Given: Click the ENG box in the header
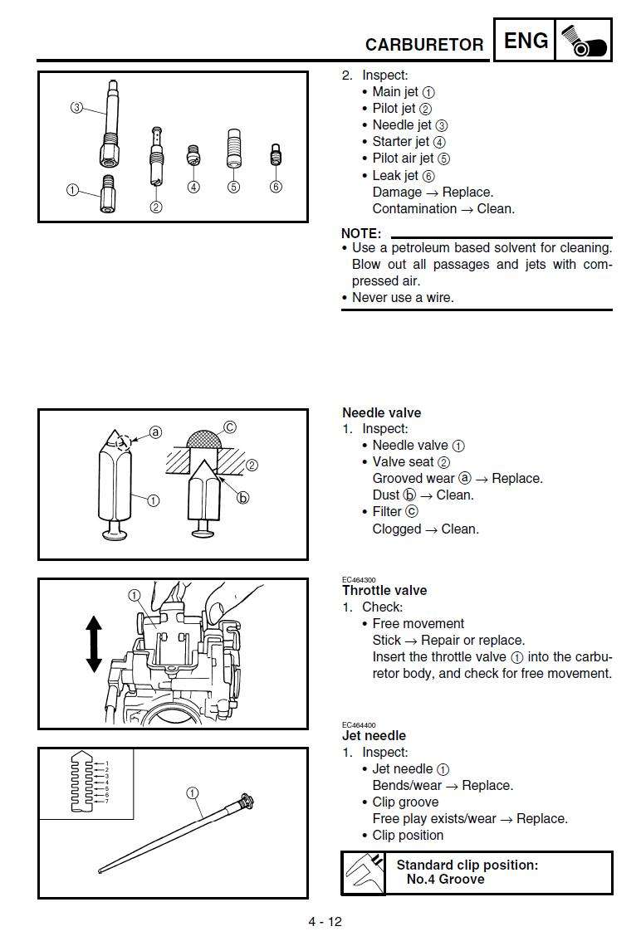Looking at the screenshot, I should tap(526, 41).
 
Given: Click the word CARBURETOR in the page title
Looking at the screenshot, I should tap(424, 45).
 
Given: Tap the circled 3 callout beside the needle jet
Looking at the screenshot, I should tap(76, 108).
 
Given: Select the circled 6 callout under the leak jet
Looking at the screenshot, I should tap(276, 187).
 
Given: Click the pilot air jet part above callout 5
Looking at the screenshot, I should tap(233, 149).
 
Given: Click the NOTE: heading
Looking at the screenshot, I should tap(361, 233).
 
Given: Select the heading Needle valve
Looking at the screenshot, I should tap(381, 412).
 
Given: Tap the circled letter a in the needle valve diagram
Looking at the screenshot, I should tap(154, 431).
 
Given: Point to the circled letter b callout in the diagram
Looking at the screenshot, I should tap(243, 498).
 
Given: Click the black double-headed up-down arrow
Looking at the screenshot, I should tap(94, 643).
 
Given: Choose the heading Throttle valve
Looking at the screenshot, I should tap(384, 590).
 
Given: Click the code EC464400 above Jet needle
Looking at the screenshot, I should tap(359, 724).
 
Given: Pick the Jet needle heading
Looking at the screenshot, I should tap(374, 735).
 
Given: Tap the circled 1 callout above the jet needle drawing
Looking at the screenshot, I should tap(193, 793).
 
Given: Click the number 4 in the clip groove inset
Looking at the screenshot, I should tap(106, 782).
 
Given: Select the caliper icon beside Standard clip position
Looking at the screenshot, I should tap(364, 872).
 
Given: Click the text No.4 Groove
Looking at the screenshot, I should tap(445, 879).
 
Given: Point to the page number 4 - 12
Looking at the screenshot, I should tap(325, 921).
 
